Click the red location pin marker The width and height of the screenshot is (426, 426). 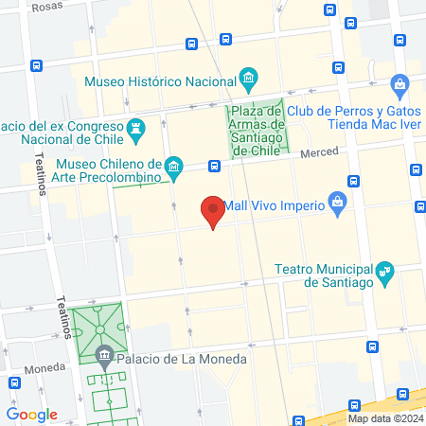(213, 210)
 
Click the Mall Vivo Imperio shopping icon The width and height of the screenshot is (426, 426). (337, 202)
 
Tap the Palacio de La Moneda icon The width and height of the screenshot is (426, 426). (104, 358)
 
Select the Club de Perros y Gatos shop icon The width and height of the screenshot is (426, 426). (400, 84)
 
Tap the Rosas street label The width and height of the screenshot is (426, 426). (46, 7)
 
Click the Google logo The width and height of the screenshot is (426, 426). (32, 415)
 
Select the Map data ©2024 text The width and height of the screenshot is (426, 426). (382, 417)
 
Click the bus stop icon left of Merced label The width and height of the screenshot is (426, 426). (215, 166)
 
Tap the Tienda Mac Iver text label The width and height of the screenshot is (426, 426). (369, 123)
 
